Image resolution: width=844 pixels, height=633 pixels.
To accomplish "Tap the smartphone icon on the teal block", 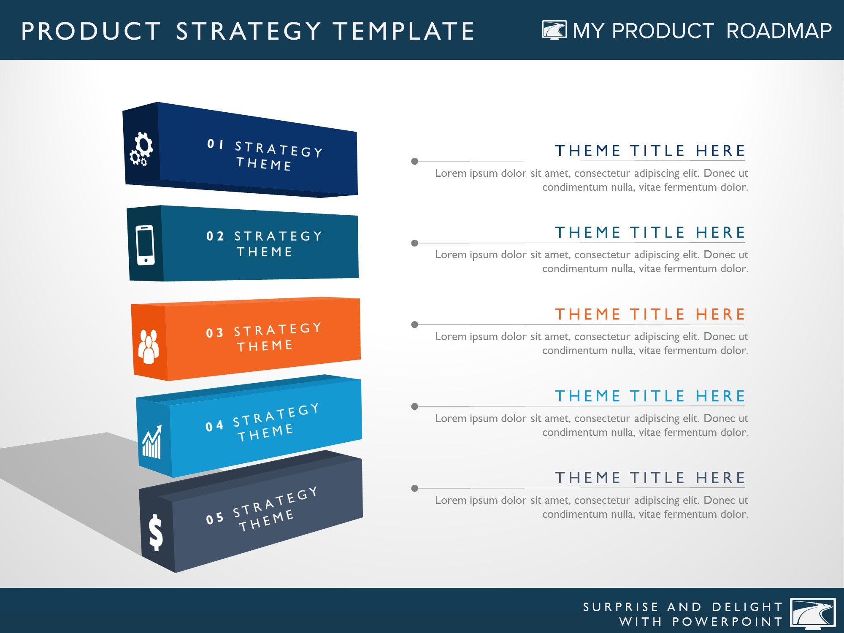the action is pyautogui.click(x=145, y=245).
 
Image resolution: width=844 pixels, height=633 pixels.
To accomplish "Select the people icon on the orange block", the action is pyautogui.click(x=148, y=346).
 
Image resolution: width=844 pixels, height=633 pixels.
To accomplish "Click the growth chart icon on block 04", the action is pyautogui.click(x=152, y=442).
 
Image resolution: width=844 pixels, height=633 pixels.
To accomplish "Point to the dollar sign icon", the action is pyautogui.click(x=156, y=533).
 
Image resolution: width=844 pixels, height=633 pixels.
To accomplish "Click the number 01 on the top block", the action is pyautogui.click(x=216, y=144).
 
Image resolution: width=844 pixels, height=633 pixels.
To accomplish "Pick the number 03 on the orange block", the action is pyautogui.click(x=214, y=333).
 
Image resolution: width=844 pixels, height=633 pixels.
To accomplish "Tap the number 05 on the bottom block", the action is pyautogui.click(x=214, y=518).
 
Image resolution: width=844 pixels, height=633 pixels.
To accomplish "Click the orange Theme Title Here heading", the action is pyautogui.click(x=650, y=314).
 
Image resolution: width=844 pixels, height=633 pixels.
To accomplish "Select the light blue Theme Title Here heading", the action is pyautogui.click(x=650, y=396).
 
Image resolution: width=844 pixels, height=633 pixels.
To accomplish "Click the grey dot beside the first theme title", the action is pyautogui.click(x=415, y=161).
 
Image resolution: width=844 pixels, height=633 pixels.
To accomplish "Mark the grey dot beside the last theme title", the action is pyautogui.click(x=415, y=488).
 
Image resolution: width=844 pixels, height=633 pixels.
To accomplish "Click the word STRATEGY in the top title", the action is pyautogui.click(x=249, y=31).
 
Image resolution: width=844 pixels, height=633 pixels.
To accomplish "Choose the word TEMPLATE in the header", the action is pyautogui.click(x=404, y=31).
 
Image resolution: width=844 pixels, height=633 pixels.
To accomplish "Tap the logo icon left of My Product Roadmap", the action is pyautogui.click(x=555, y=30).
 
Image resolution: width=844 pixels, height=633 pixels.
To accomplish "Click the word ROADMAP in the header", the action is pyautogui.click(x=779, y=31).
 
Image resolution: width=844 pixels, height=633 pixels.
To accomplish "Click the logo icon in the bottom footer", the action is pyautogui.click(x=813, y=614).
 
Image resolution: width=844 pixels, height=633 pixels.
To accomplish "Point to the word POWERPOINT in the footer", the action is pyautogui.click(x=728, y=622).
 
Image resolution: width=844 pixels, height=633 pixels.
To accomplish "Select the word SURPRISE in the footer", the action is pyautogui.click(x=620, y=607).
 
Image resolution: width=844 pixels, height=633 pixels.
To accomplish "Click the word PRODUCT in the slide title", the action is pyautogui.click(x=91, y=31).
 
